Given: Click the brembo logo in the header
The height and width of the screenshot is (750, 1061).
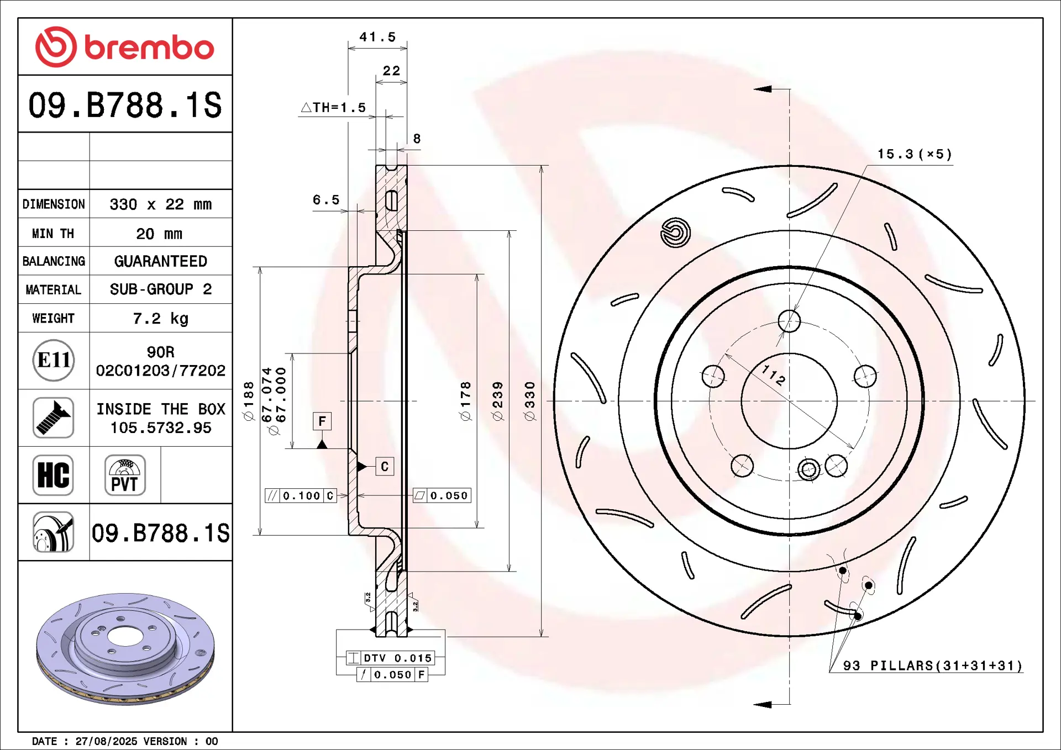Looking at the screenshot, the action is [124, 47].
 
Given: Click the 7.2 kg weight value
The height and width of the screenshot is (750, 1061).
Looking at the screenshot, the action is [160, 319].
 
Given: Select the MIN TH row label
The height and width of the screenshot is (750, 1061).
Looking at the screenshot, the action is [53, 234].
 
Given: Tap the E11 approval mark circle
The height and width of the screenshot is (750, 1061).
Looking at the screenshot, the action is [54, 360].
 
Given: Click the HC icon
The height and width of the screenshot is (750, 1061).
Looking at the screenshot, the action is [53, 475].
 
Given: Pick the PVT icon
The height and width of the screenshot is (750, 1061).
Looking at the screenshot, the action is [125, 475].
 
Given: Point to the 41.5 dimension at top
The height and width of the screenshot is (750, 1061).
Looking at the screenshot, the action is [378, 37].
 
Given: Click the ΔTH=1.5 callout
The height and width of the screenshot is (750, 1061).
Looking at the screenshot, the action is [333, 107].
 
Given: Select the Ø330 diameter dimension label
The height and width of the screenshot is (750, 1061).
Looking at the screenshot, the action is [529, 402].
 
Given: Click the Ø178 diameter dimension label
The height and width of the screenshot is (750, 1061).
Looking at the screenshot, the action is [466, 402].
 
